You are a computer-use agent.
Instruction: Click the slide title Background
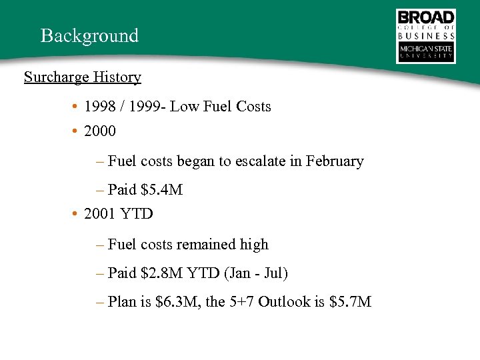(x=89, y=35)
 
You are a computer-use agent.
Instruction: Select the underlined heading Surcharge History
(x=82, y=77)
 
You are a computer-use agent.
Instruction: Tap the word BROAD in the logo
(x=425, y=17)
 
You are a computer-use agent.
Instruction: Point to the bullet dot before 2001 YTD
(x=77, y=214)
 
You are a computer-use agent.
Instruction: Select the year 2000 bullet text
(x=100, y=131)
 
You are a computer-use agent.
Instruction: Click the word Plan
(x=121, y=302)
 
